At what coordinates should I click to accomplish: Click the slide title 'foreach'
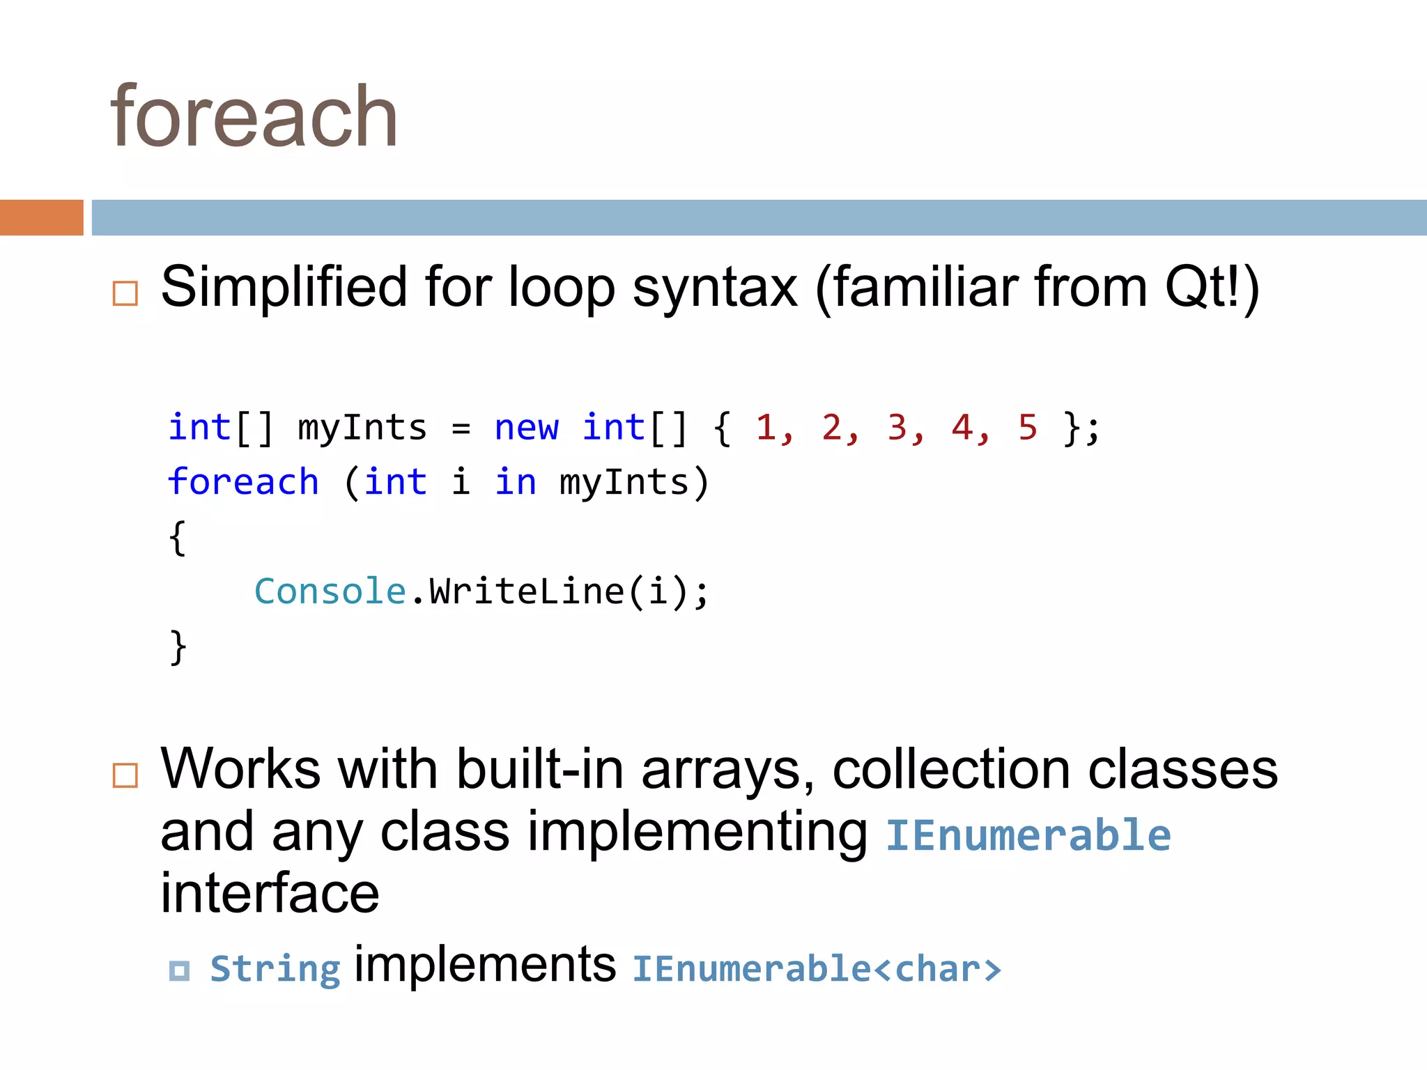click(x=254, y=117)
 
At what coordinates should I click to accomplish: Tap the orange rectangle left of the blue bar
click(x=41, y=217)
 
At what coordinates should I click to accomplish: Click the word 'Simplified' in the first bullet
click(x=284, y=287)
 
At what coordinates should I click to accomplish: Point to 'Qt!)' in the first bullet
click(x=1211, y=287)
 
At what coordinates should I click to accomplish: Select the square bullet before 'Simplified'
click(x=125, y=293)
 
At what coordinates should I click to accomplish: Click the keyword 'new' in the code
click(x=526, y=427)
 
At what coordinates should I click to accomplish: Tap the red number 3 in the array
click(x=897, y=427)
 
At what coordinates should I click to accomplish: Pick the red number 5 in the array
click(x=1028, y=427)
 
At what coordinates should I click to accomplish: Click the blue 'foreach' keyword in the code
click(x=243, y=482)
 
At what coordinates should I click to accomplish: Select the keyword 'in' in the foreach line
click(x=516, y=482)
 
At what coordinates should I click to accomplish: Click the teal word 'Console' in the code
click(x=330, y=591)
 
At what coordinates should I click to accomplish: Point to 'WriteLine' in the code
click(x=526, y=591)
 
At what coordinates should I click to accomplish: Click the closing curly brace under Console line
click(x=178, y=647)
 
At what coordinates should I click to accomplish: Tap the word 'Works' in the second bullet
click(x=240, y=769)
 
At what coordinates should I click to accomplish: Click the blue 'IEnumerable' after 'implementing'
click(x=1028, y=835)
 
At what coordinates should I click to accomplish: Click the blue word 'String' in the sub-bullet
click(x=275, y=969)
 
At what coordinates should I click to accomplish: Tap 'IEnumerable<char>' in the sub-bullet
click(x=816, y=969)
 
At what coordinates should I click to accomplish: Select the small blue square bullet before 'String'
click(x=179, y=970)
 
